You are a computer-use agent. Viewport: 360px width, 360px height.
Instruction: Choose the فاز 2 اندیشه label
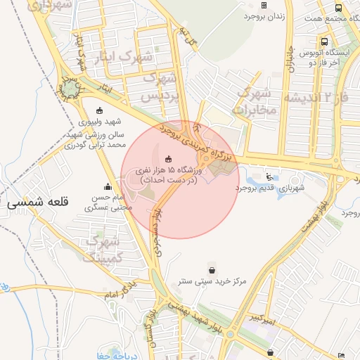pos(322,96)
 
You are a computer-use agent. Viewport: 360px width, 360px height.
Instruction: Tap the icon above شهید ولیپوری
pos(98,110)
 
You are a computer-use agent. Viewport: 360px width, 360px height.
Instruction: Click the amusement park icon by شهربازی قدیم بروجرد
pos(270,176)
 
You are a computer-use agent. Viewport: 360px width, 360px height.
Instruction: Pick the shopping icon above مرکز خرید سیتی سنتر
pos(212,269)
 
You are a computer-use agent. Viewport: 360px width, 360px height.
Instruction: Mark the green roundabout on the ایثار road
pos(70,89)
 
